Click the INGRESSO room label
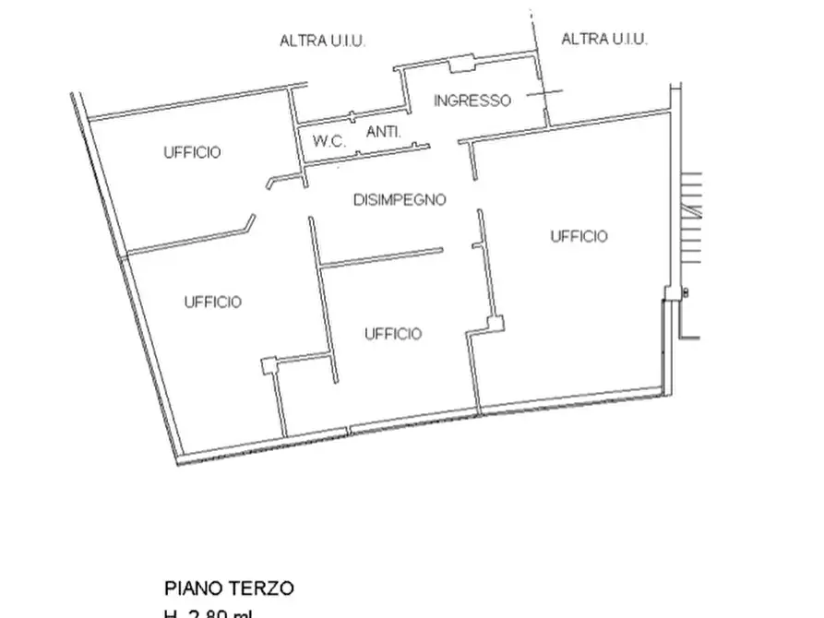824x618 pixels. pyautogui.click(x=472, y=101)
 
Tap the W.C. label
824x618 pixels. pyautogui.click(x=328, y=142)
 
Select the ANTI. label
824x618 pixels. pyautogui.click(x=383, y=133)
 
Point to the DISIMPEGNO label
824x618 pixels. pyautogui.click(x=400, y=199)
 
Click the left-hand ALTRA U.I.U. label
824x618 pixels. pyautogui.click(x=322, y=41)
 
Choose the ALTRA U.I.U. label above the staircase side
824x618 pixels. pyautogui.click(x=604, y=39)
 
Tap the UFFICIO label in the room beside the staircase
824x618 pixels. pyautogui.click(x=579, y=236)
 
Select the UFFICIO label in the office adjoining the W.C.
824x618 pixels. pyautogui.click(x=192, y=152)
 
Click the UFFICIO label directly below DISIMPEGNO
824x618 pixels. pyautogui.click(x=393, y=333)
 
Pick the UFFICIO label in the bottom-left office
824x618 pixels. pyautogui.click(x=212, y=302)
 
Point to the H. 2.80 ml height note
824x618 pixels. pyautogui.click(x=209, y=612)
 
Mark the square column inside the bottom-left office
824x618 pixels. pyautogui.click(x=269, y=365)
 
